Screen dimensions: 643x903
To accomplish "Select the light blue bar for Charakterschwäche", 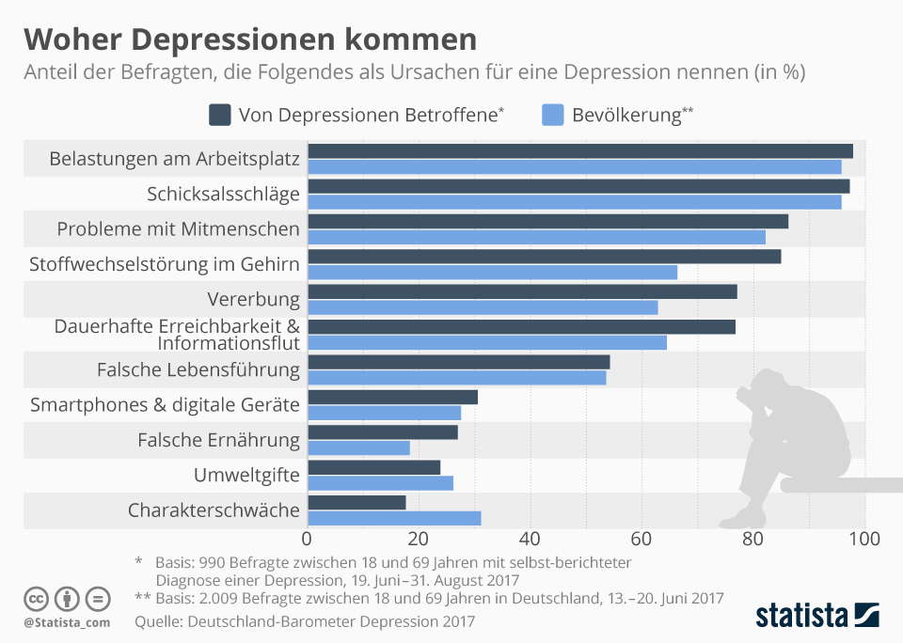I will tap(394, 518).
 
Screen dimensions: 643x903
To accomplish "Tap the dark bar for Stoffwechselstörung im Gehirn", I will tap(545, 257).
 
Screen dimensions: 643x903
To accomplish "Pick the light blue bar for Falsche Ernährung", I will tap(358, 448).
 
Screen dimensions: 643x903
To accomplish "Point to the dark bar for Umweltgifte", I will tap(373, 467).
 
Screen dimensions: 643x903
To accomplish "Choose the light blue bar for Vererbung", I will tap(483, 307).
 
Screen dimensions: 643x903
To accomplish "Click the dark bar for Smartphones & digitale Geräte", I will tap(392, 397).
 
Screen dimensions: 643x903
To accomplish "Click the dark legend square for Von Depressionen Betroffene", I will tap(219, 115).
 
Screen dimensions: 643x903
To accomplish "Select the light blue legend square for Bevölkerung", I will tap(553, 115).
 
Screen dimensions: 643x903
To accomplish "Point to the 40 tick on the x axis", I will tap(531, 540).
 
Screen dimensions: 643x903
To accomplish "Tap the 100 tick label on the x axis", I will tap(863, 540).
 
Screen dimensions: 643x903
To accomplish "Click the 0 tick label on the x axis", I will tap(307, 540).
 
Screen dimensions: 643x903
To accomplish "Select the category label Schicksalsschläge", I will tap(223, 195).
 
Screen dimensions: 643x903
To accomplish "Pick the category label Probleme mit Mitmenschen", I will tap(178, 229).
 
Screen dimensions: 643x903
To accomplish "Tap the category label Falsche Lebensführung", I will tap(198, 370).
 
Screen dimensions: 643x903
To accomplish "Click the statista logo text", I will tap(801, 616).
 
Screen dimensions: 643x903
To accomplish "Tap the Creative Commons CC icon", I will tap(37, 598).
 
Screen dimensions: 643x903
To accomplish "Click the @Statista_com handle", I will tap(67, 622).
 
